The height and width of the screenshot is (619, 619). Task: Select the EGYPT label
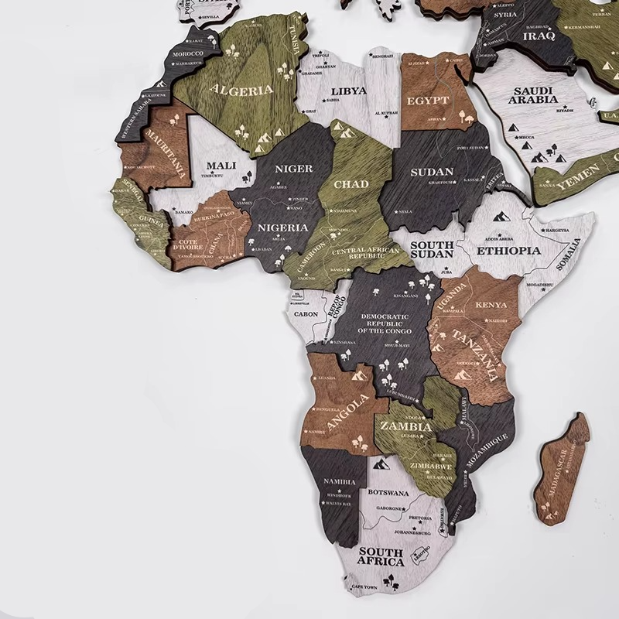(428, 101)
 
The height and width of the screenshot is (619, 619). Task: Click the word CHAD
(351, 184)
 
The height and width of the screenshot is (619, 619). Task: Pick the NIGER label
(294, 168)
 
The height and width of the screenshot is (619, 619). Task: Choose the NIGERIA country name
(284, 228)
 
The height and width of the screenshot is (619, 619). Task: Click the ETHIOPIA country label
(508, 251)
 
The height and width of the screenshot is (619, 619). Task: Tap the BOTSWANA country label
(388, 492)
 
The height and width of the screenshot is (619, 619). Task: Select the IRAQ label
(539, 36)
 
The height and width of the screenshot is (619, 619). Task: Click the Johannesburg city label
(410, 532)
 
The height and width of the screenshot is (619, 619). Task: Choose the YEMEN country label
(576, 173)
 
